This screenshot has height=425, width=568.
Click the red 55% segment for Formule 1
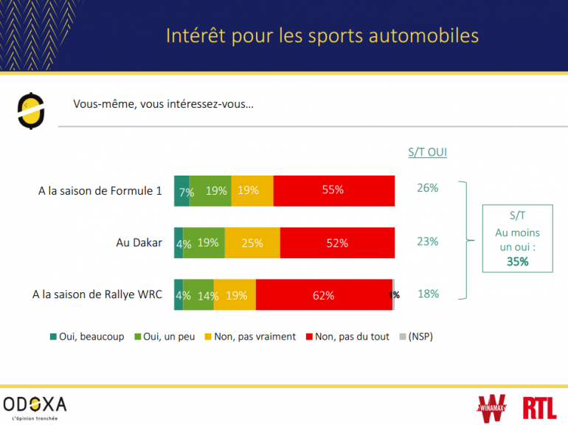pos(333,190)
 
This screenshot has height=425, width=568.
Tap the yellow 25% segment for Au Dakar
pos(252,243)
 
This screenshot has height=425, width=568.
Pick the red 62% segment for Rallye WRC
pos(324,295)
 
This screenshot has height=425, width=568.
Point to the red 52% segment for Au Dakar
pos(337,243)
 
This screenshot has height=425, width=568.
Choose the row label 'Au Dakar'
pos(139,243)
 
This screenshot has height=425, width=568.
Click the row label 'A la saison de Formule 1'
pos(100,190)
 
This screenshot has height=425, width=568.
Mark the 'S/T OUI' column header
pos(428,153)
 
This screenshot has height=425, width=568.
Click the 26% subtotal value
pos(428,188)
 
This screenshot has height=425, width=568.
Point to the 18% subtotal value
pos(428,294)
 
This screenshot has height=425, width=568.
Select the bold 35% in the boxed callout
pos(517,261)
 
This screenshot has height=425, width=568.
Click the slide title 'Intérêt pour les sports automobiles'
pos(322,35)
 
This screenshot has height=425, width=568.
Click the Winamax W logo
pos(493,407)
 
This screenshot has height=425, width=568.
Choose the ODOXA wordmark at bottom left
pos(35,404)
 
